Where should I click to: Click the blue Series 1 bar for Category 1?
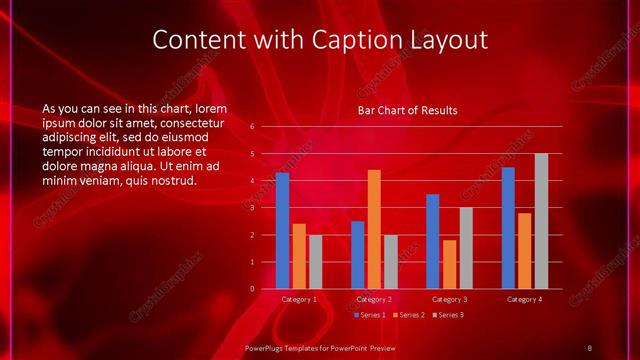(282, 231)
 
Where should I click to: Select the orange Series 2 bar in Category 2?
(374, 229)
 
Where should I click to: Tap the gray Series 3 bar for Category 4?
(541, 221)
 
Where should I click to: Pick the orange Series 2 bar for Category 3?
(449, 264)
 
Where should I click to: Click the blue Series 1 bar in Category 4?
(508, 228)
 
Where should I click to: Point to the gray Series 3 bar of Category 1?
(315, 262)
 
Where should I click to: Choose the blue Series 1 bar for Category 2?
(357, 255)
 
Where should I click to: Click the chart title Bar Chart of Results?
(408, 110)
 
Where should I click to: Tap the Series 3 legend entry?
(448, 315)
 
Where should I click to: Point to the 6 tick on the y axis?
(252, 127)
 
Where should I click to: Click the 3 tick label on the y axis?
(252, 208)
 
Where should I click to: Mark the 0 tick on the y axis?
(252, 289)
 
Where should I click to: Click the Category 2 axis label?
(374, 299)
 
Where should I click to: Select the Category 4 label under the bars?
(524, 299)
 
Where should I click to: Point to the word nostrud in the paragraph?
(175, 181)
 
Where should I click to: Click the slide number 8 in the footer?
(590, 347)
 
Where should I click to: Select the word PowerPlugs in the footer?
(267, 347)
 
